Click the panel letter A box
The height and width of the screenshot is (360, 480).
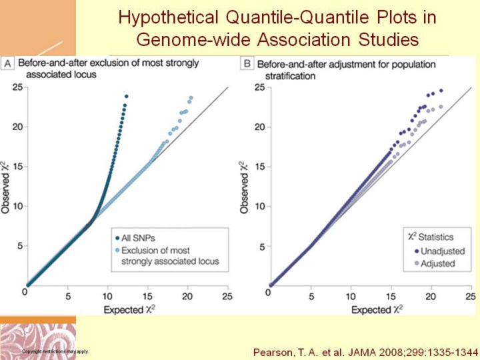coord(9,63)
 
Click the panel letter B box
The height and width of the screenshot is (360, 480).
coord(247,64)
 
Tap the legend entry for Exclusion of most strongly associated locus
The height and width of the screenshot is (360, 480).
coord(166,257)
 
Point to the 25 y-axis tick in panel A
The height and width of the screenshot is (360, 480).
coord(16,87)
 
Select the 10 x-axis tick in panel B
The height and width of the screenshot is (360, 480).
coord(350,295)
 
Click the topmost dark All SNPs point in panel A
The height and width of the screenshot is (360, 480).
coord(126,96)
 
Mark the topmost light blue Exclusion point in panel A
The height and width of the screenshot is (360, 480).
coord(191,98)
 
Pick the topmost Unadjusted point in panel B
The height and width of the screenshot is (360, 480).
coord(441,91)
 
